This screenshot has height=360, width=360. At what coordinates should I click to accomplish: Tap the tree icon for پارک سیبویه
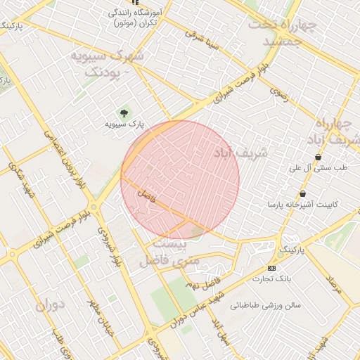coord(124,112)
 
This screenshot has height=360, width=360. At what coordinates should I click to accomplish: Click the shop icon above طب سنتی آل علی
coord(319,157)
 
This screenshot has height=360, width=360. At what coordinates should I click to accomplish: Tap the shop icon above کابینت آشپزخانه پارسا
coord(302,194)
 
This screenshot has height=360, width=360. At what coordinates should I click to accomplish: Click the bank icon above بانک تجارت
coord(272,268)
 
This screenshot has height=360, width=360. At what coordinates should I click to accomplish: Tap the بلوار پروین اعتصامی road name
coord(60,152)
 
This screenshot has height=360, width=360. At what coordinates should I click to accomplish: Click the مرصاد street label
coord(333,285)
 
